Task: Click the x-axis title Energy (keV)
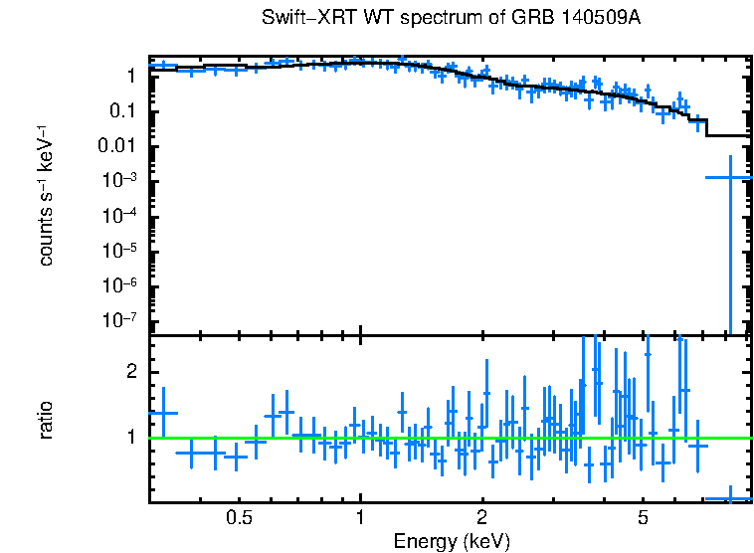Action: (452, 541)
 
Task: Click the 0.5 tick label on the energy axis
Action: (238, 518)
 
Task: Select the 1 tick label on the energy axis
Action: (360, 518)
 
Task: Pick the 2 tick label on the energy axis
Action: (481, 518)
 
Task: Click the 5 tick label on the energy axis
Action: (643, 518)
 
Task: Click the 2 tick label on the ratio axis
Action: (131, 371)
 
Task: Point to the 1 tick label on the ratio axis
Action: (131, 436)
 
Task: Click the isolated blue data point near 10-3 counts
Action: (730, 177)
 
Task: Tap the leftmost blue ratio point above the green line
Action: (163, 413)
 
